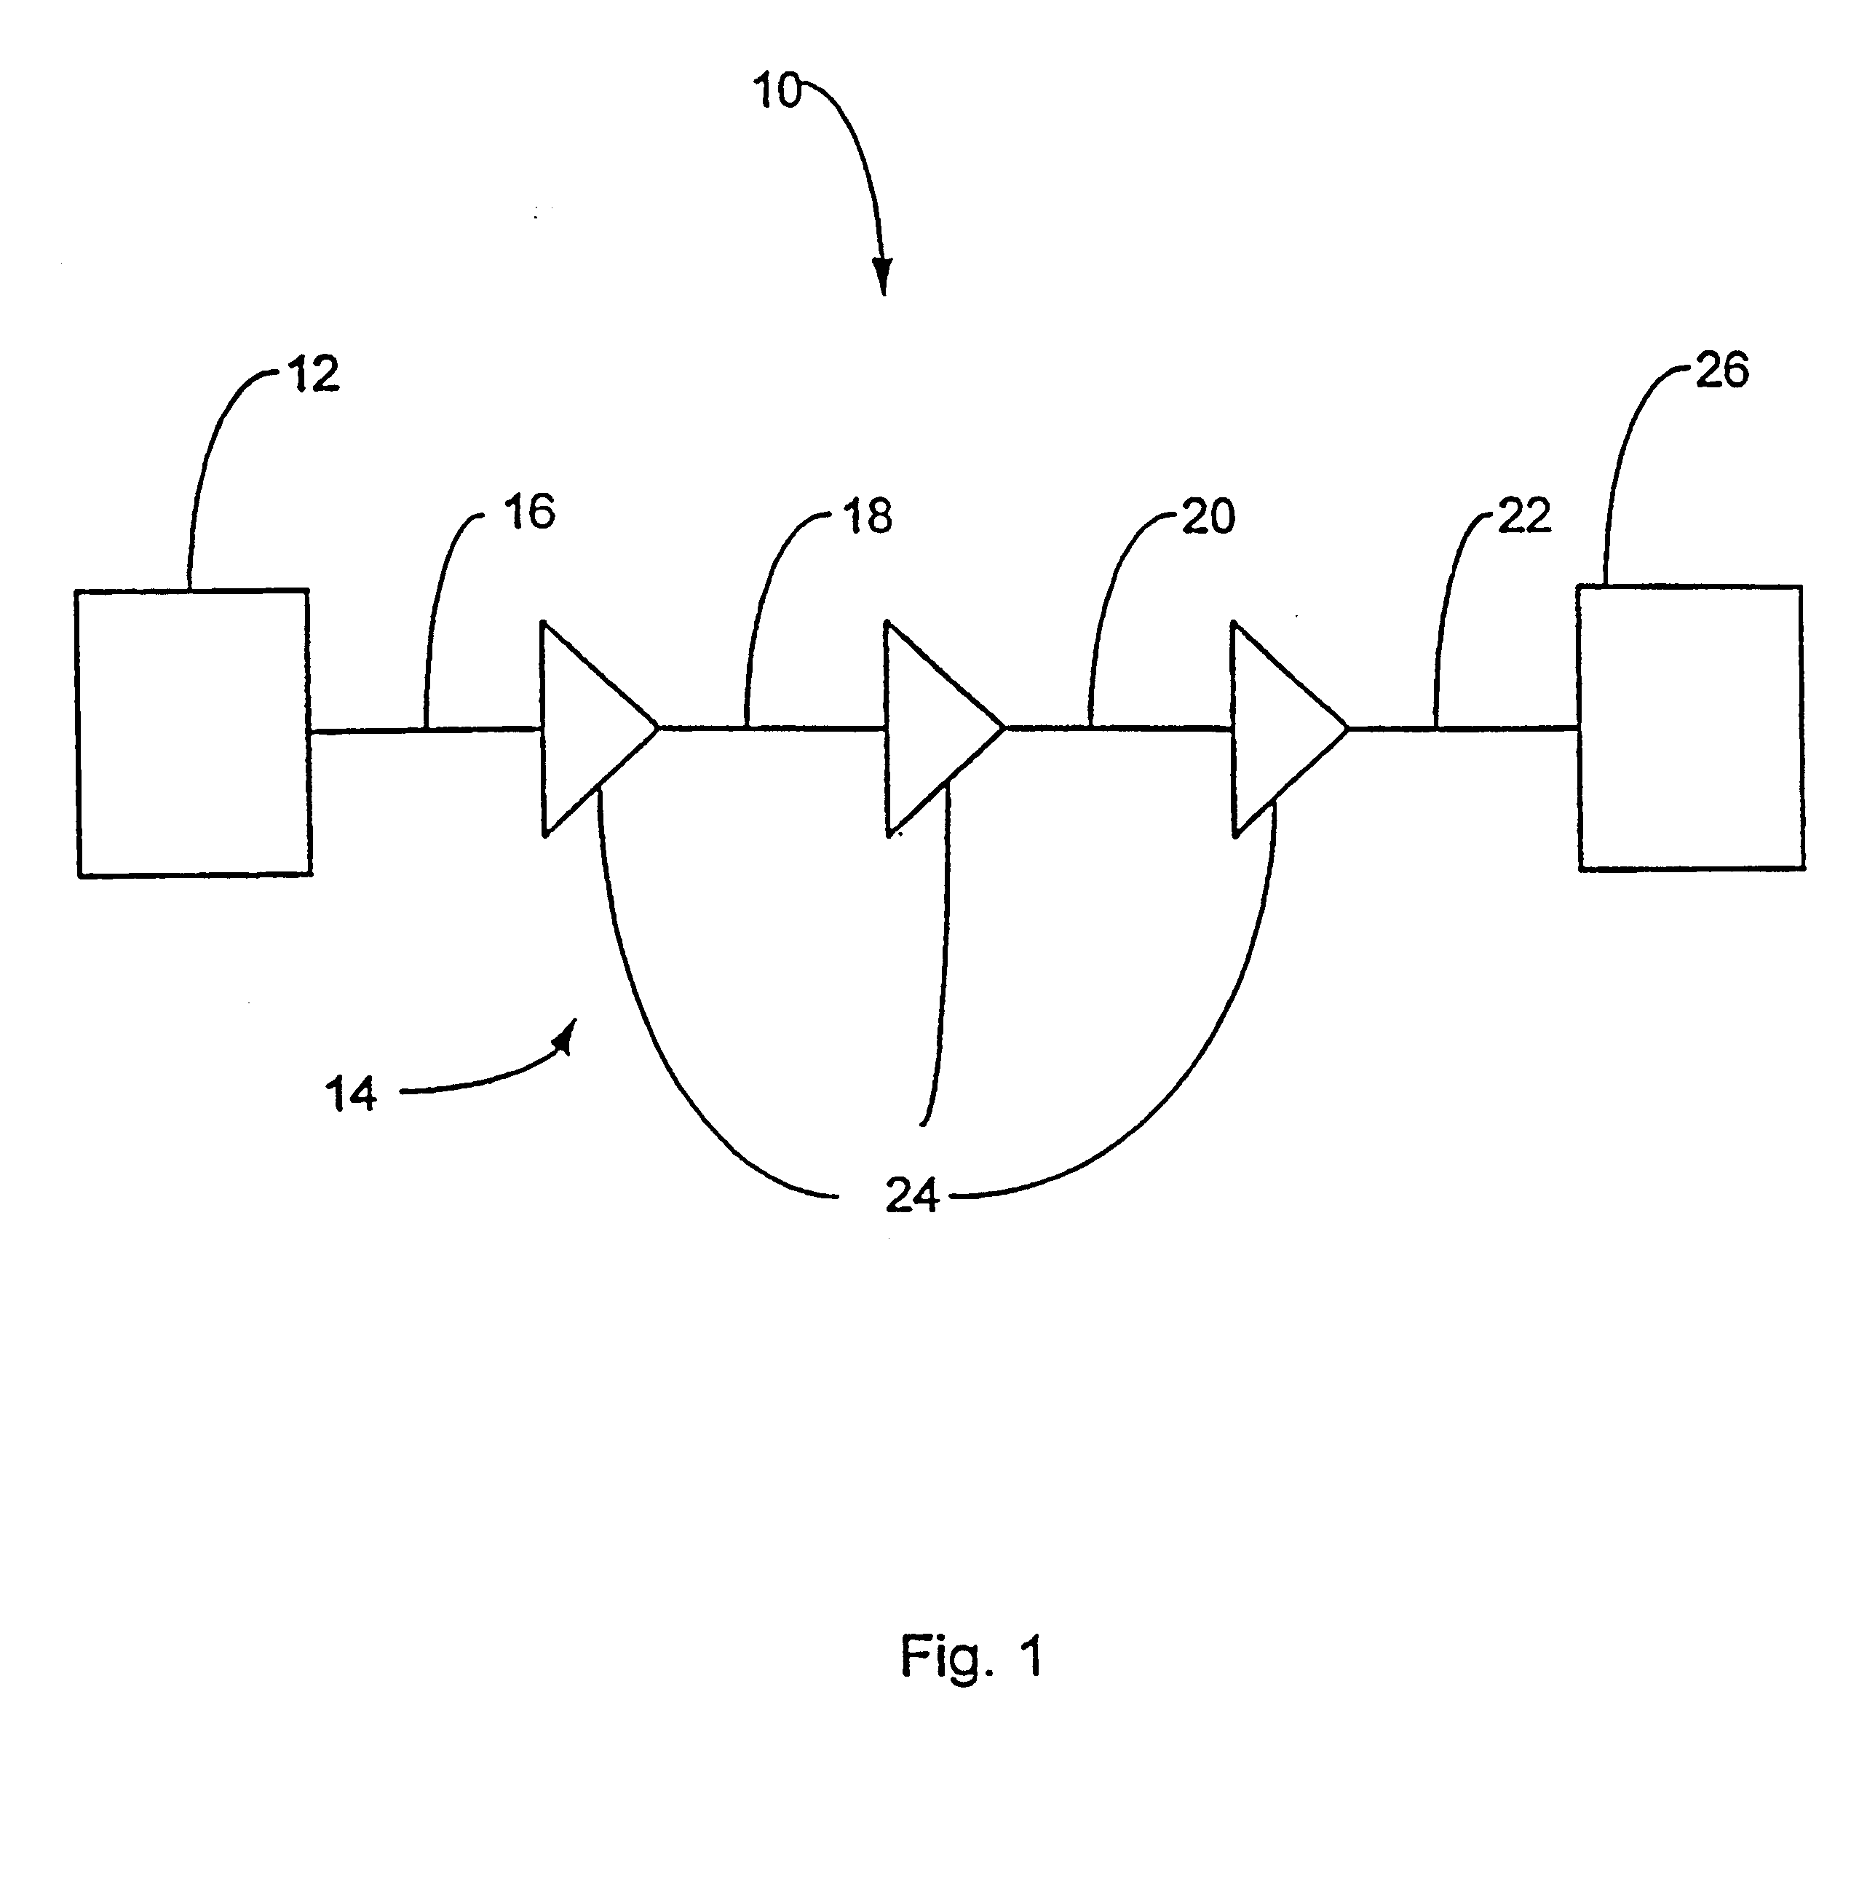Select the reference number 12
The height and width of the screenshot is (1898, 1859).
pos(314,375)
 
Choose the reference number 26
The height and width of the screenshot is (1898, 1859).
pos(1722,371)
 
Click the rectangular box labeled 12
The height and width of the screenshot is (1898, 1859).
pos(194,732)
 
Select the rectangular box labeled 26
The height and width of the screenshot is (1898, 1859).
pos(1691,727)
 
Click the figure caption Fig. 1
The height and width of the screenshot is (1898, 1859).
pos(972,1656)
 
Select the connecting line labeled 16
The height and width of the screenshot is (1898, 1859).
pos(426,729)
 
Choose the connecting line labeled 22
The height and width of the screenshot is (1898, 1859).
pos(1464,727)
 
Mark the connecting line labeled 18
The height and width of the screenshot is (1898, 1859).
pos(772,727)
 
